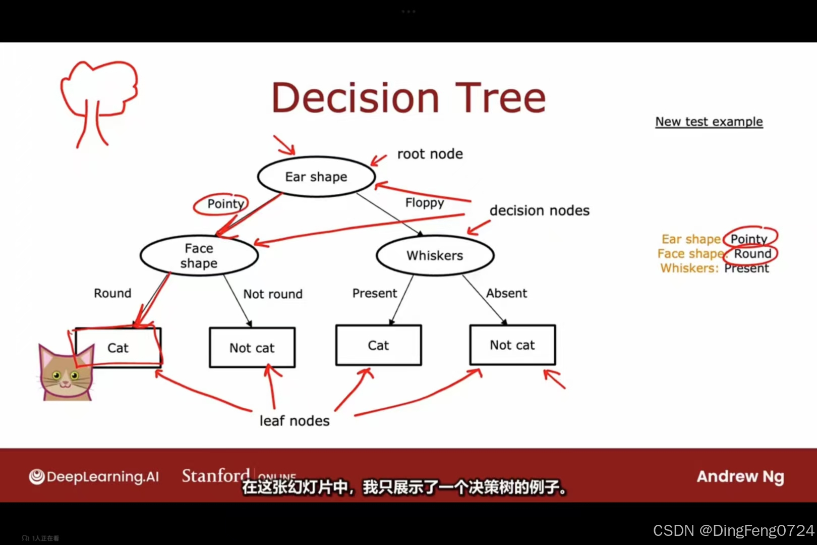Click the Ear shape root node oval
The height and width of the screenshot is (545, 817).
[x=316, y=177]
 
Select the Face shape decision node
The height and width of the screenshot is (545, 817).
[x=199, y=256]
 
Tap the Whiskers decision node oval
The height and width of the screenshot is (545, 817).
[x=435, y=255]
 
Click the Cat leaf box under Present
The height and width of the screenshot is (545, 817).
[x=378, y=345]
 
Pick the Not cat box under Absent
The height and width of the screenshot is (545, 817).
[x=512, y=345]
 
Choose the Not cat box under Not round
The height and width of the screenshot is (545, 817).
[x=252, y=348]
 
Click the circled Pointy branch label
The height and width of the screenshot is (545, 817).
[x=225, y=204]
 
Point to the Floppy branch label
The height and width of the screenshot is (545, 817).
[x=425, y=202]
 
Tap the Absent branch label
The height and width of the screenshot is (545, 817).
[x=506, y=293]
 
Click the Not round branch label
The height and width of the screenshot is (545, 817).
[x=273, y=294]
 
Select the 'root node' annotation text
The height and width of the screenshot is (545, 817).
[x=430, y=154]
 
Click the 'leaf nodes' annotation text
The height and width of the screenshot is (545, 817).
[x=295, y=421]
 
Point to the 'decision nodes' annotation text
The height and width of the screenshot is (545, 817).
[x=539, y=210]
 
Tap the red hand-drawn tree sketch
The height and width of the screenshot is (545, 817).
[x=98, y=101]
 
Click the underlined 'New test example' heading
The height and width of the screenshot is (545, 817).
[x=709, y=122]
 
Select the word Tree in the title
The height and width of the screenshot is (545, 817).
[x=500, y=98]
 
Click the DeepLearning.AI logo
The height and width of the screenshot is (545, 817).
[x=94, y=476]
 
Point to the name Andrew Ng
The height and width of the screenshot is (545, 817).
[x=740, y=476]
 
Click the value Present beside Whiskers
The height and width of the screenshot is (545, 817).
[x=746, y=268]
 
